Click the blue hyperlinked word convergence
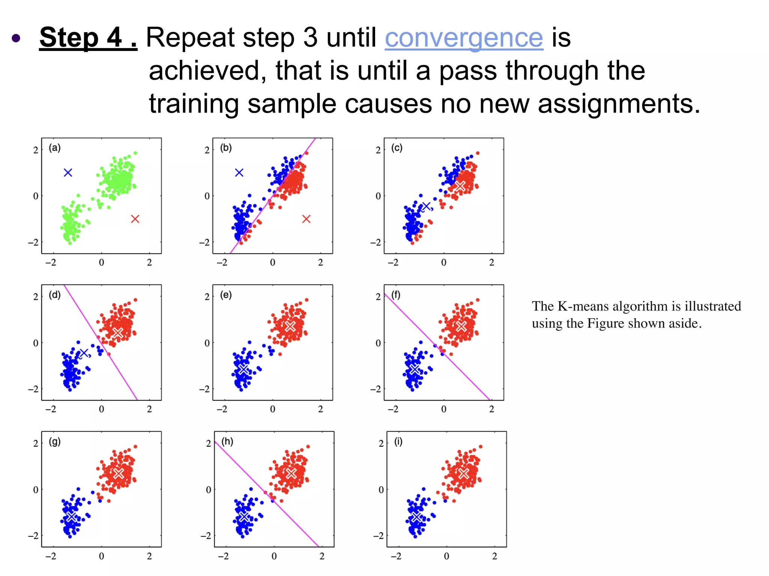coord(464,38)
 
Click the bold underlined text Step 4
coord(88,37)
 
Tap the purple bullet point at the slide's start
coord(16,38)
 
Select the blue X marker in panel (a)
coord(68,172)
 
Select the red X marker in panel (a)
coord(135,219)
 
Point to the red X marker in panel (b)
coord(306,219)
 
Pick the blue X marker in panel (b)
coord(239,172)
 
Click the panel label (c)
coord(397,148)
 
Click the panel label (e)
coord(226,295)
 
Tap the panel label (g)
coord(55,441)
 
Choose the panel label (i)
coord(398,441)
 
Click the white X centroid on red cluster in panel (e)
coord(290,326)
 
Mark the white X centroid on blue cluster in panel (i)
coord(416,517)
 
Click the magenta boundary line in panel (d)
coord(100,342)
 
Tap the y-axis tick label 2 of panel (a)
coord(36,150)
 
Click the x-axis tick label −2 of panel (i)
coord(396,556)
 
